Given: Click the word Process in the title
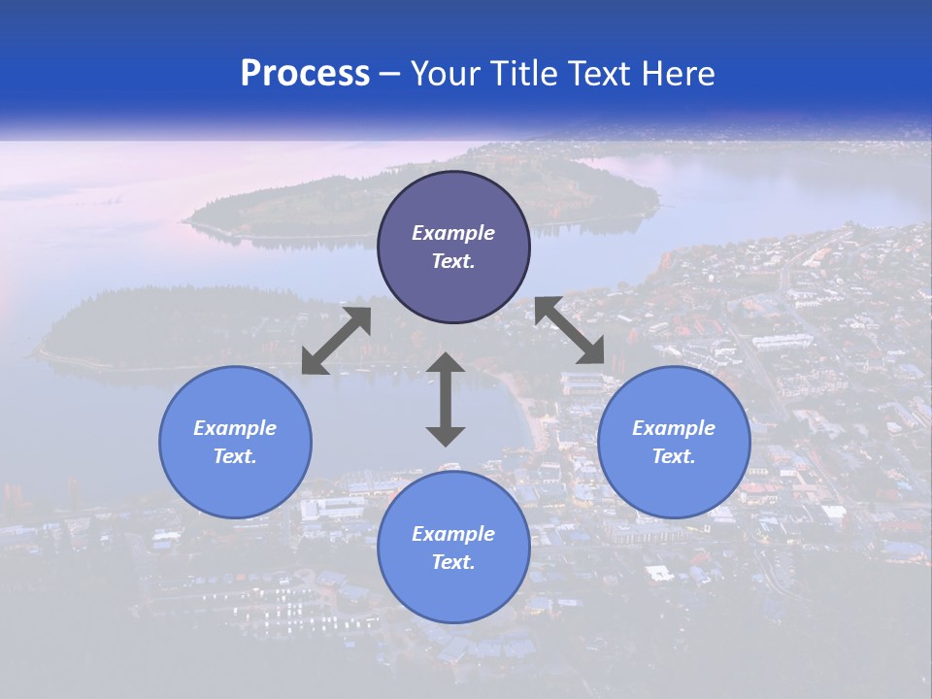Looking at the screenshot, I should click(305, 74).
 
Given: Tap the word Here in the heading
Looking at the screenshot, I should click(676, 74).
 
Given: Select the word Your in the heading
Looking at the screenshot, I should click(446, 74).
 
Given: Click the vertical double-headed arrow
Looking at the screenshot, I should click(446, 399).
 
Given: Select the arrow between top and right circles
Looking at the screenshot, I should click(570, 331).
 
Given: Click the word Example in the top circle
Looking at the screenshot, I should click(453, 233).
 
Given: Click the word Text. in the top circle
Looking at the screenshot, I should click(453, 261).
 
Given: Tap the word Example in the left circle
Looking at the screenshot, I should click(235, 428).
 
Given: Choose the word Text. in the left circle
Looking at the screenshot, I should click(235, 456).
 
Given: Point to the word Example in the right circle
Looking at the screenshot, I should click(674, 428).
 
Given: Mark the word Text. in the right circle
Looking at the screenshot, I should click(674, 456).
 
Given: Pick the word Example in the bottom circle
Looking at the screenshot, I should click(453, 534).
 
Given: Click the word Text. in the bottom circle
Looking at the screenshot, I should click(453, 562).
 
